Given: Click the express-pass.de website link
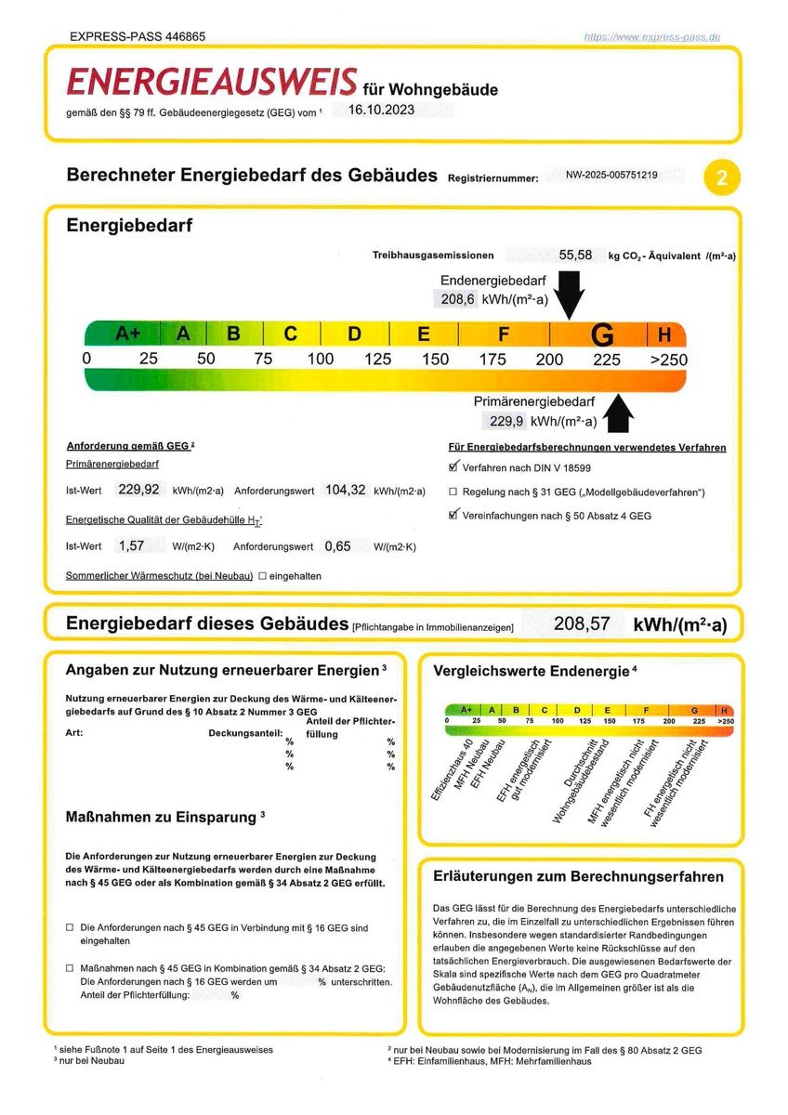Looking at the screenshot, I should click(652, 37).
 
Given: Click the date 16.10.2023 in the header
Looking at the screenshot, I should click(381, 110).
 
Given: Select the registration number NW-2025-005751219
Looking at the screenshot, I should click(611, 175).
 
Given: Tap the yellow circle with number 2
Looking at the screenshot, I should click(722, 177).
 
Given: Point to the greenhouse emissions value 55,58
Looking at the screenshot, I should click(575, 255).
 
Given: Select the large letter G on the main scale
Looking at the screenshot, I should click(602, 334).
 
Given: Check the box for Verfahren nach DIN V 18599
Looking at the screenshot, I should click(453, 468).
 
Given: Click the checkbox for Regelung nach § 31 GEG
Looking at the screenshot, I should click(453, 492).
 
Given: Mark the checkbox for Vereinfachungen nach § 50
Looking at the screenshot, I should click(453, 514).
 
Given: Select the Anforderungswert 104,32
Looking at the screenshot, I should click(345, 490).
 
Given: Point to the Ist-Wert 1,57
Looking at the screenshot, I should click(137, 546).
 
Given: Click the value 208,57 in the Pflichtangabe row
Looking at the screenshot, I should click(582, 623).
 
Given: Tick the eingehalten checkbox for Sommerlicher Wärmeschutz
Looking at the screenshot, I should click(262, 576).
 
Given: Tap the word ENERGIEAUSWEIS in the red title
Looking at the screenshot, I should click(211, 83).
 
